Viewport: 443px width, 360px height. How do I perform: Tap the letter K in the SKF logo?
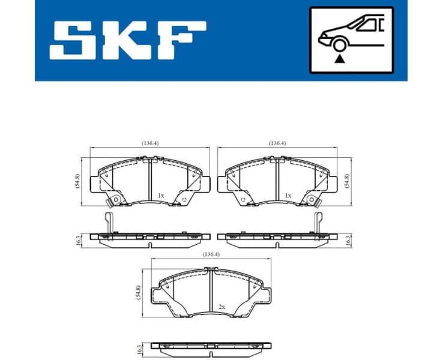point(125,40)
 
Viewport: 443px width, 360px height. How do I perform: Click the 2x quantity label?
point(221,307)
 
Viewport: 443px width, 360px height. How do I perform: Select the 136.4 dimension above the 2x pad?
point(211,254)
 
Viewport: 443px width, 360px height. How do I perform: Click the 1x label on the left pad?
point(160,196)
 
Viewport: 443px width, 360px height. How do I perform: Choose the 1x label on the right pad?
point(288,196)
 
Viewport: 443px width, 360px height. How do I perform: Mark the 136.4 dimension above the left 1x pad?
point(150,143)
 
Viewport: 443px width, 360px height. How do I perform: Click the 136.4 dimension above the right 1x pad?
point(277,143)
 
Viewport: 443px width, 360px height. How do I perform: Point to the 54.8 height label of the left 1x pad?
point(77,181)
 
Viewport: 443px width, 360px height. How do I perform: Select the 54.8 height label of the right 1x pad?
point(347,181)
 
